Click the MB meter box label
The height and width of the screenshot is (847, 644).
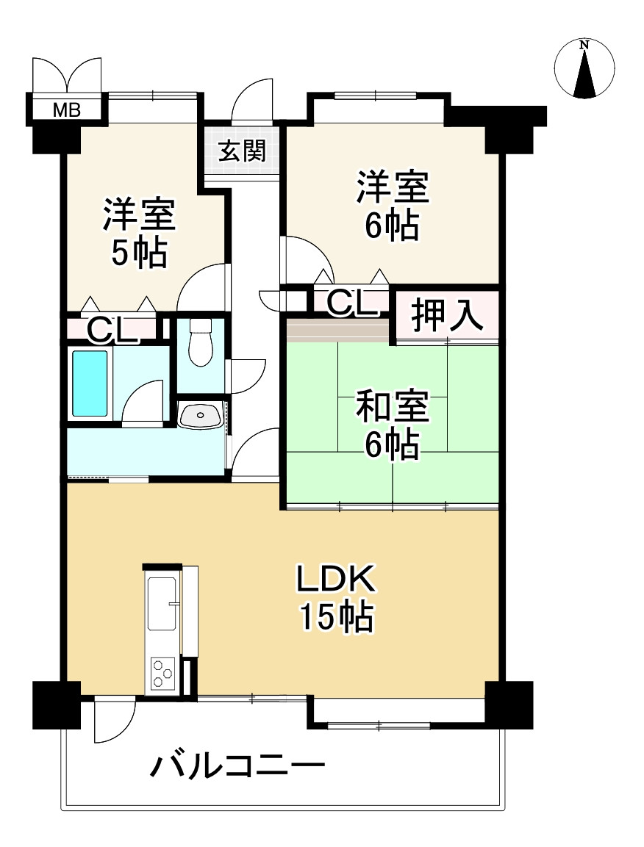(66, 111)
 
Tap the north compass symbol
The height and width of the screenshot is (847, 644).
(584, 69)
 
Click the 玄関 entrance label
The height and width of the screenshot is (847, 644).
(241, 152)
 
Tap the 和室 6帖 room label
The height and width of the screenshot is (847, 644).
(392, 425)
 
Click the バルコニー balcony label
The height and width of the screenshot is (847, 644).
(237, 767)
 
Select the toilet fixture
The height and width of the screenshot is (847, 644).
(199, 343)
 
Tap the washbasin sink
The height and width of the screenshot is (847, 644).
(201, 416)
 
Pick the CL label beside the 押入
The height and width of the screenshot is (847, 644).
(349, 303)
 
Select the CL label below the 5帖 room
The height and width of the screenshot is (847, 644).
(112, 331)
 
